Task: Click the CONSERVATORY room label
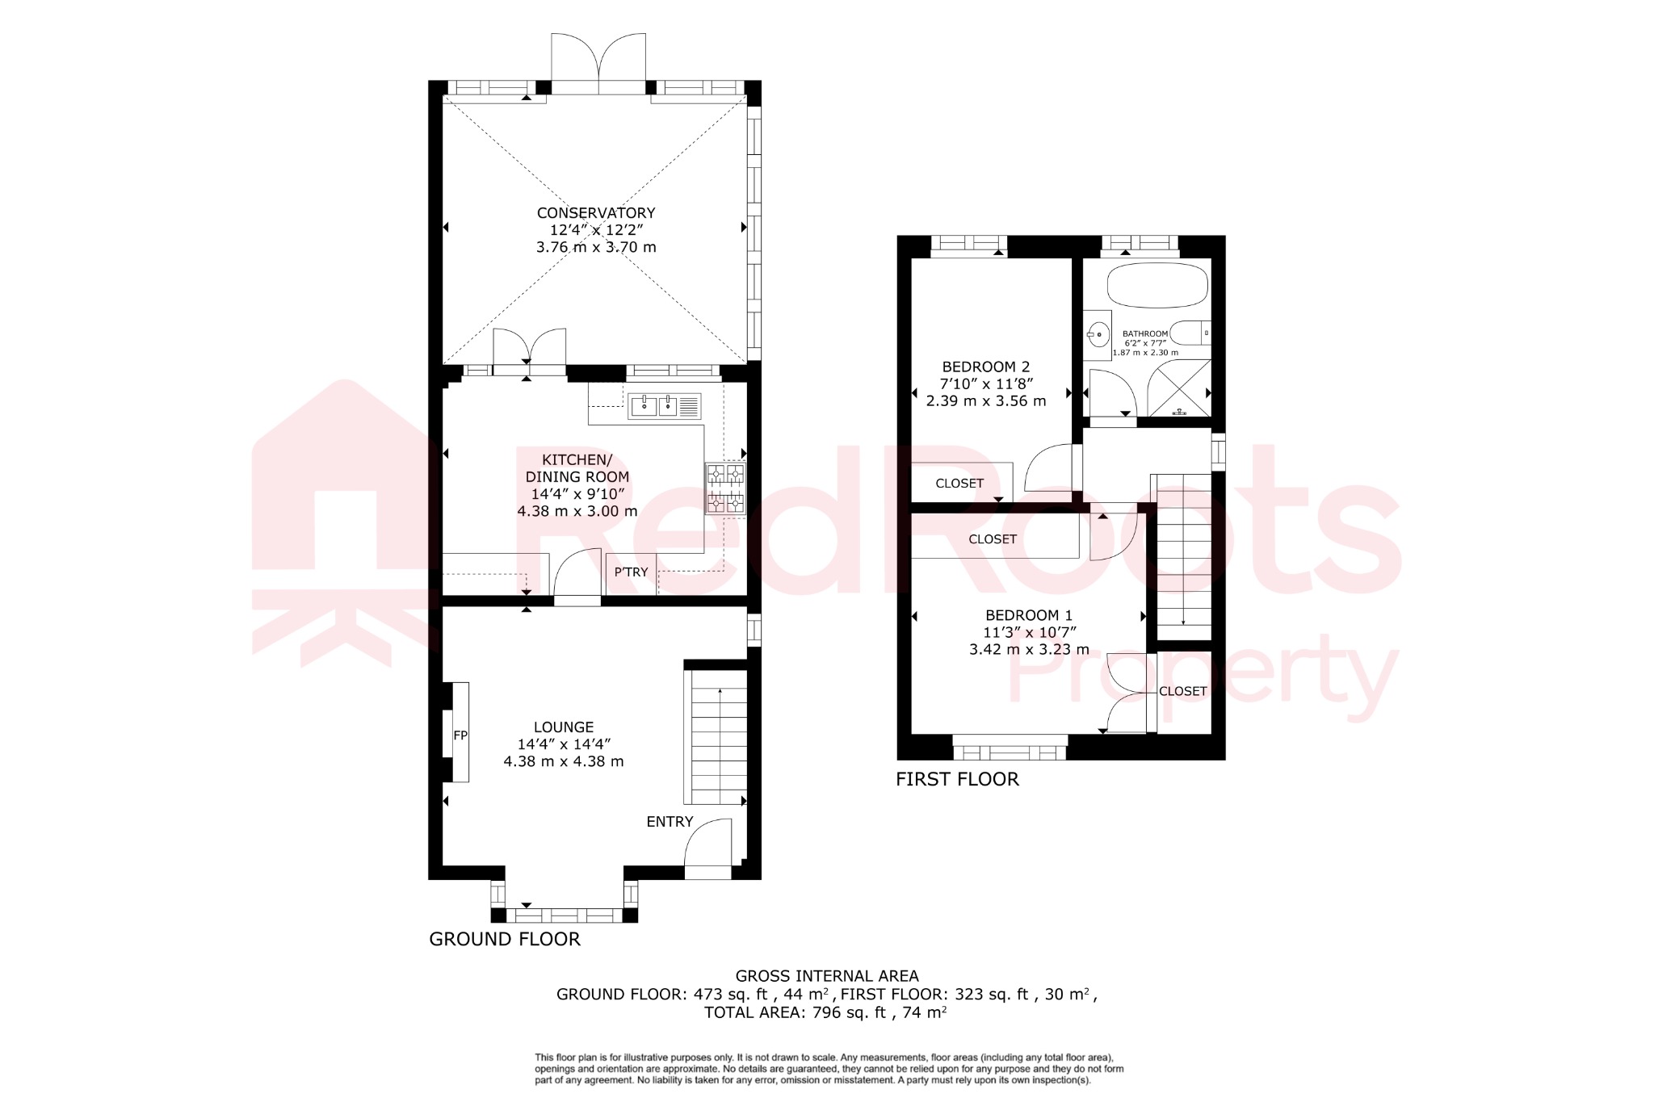tap(596, 213)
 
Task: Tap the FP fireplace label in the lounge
tap(460, 735)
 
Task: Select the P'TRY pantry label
tap(631, 572)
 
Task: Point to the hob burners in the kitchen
tap(725, 488)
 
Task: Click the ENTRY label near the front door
tap(670, 822)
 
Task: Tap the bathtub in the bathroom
tap(1157, 285)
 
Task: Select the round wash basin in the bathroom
tap(1097, 333)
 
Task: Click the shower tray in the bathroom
tap(1180, 389)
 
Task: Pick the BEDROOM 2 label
tap(985, 367)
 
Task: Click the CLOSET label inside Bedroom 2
tap(959, 484)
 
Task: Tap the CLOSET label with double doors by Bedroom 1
tap(1182, 691)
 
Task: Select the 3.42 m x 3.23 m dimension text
tap(1029, 649)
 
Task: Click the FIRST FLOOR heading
tap(957, 779)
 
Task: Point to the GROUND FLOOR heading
tap(504, 939)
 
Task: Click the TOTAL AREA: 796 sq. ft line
tap(825, 1012)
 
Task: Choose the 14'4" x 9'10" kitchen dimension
tap(577, 494)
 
